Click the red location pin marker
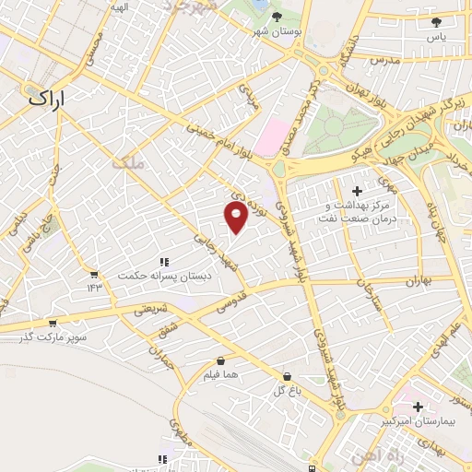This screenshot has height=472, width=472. coord(236,218)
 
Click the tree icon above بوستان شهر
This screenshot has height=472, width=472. coord(277,16)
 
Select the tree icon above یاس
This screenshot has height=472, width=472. coord(436,22)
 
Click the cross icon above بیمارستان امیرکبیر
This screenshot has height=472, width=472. coord(418,406)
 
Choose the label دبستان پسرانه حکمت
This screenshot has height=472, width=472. coord(164,276)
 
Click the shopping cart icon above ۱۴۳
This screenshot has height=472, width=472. coord(93,274)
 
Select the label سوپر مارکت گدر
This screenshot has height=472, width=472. coord(54,337)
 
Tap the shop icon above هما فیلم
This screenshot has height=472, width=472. coord(220,360)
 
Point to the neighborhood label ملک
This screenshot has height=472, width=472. coord(128,162)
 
